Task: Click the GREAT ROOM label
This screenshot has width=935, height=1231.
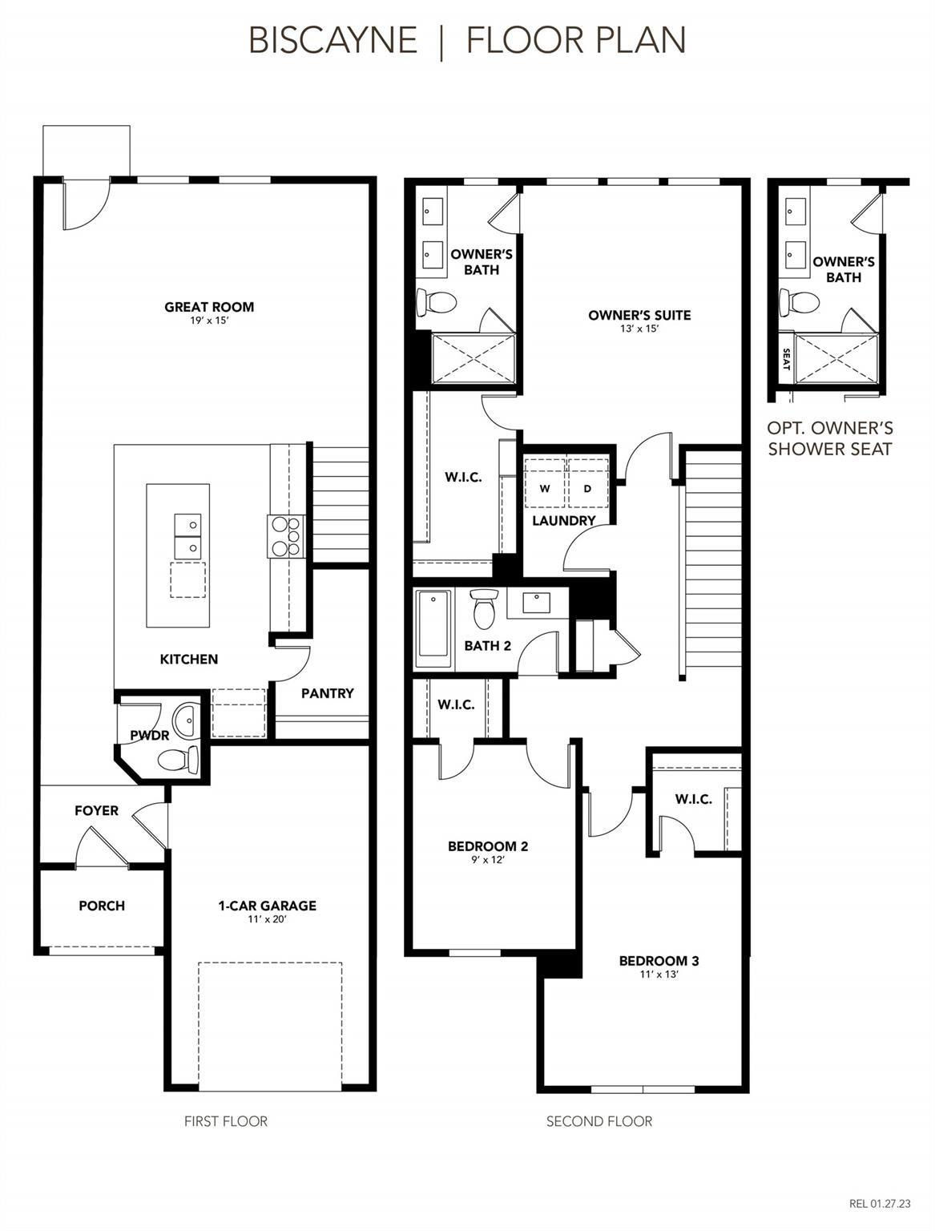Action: (209, 307)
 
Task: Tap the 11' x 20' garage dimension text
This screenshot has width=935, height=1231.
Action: (267, 918)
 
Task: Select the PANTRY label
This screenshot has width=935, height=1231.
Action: (328, 693)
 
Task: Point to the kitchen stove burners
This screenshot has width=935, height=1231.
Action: (286, 535)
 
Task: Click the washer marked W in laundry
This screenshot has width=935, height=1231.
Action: (545, 488)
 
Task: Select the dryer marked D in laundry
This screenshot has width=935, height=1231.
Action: (587, 488)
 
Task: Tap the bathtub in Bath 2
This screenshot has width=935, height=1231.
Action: (433, 628)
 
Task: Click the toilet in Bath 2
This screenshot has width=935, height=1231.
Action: (482, 608)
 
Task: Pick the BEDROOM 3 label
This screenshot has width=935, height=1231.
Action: (659, 961)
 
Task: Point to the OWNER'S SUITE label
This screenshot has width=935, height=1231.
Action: (639, 315)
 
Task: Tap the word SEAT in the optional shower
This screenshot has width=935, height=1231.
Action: (786, 359)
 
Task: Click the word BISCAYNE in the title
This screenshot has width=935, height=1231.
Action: (333, 40)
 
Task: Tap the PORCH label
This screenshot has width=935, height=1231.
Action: (102, 906)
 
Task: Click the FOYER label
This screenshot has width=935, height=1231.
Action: (96, 810)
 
